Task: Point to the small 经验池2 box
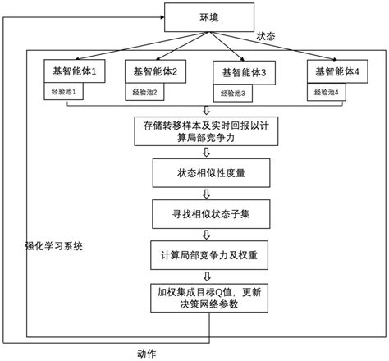tap(144, 92)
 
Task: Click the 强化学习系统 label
tap(54, 246)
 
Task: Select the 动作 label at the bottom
tap(147, 352)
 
